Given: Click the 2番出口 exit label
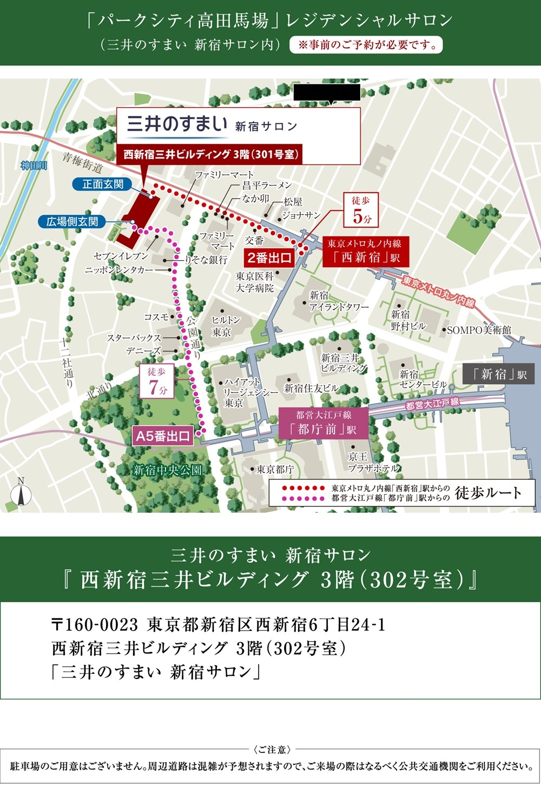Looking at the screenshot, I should (269, 258).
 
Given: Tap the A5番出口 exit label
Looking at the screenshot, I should (163, 436).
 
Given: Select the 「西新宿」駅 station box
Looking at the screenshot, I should (365, 252).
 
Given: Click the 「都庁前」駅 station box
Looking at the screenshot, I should (324, 423).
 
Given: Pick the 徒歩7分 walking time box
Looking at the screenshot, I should (157, 381).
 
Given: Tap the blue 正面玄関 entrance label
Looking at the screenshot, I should (102, 184).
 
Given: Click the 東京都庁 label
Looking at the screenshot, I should (275, 470).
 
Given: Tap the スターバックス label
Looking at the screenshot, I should (134, 338).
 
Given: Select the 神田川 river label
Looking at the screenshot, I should (34, 166).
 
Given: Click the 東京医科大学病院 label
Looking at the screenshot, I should (254, 282).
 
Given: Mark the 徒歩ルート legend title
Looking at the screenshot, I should (488, 493).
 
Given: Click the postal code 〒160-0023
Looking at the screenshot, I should (95, 625).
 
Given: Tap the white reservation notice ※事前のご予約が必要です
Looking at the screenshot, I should (366, 45).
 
